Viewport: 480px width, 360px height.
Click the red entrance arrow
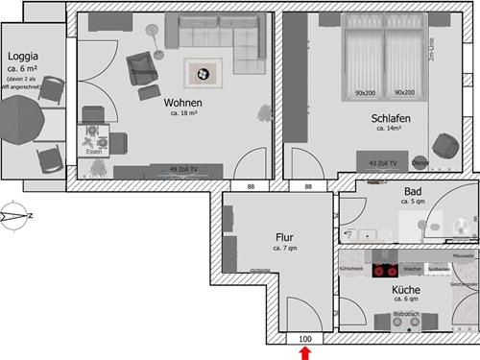(305, 353)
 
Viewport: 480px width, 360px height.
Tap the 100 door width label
(305, 339)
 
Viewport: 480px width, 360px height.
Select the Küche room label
(405, 289)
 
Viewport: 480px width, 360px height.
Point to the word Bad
(414, 191)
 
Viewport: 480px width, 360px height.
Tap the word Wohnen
(182, 103)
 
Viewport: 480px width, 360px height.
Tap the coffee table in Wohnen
(203, 71)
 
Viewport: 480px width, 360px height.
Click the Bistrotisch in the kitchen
(407, 319)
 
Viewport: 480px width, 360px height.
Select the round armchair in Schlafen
(444, 144)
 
